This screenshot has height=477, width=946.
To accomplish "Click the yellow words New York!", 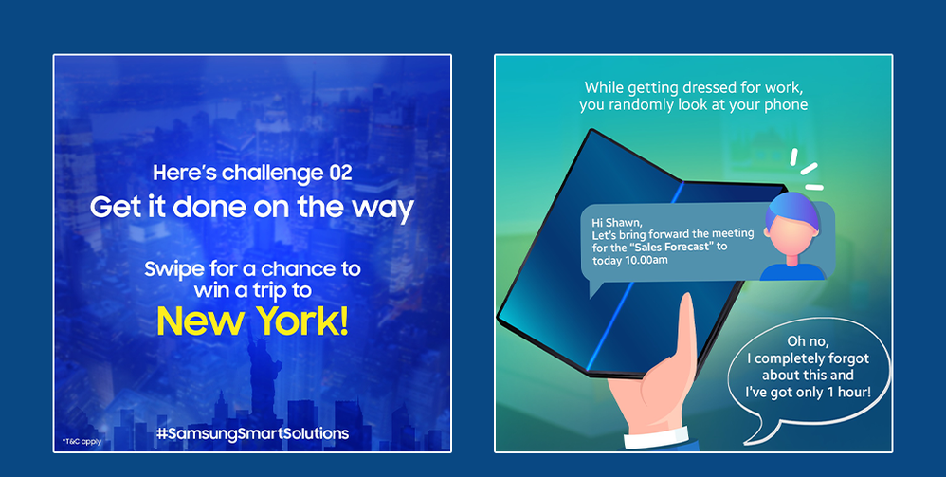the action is tap(252, 321).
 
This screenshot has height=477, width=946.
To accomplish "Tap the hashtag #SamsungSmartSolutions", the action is tap(252, 433).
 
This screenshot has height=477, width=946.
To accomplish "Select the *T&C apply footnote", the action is tap(82, 441).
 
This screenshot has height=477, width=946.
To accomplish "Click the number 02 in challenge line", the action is tap(339, 174).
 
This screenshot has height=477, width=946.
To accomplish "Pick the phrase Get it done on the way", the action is tap(252, 208).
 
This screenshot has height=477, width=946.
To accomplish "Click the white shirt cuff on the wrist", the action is tap(656, 437).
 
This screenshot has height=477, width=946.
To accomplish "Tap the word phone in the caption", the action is tap(790, 104).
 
